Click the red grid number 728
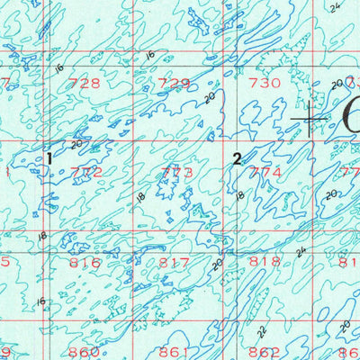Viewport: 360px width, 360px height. [85, 83]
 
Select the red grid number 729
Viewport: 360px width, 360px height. [174, 83]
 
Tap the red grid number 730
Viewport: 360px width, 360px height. [265, 83]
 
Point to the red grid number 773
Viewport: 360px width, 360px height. [175, 171]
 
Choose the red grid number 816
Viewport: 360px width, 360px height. [85, 263]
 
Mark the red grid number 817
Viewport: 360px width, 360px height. [174, 263]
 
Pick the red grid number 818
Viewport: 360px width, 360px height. [265, 262]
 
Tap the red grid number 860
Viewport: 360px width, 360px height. [85, 351]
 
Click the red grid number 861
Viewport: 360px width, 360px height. [174, 351]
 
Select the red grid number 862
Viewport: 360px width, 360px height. [265, 351]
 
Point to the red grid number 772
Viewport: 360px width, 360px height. [85, 171]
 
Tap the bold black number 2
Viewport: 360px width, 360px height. [237, 159]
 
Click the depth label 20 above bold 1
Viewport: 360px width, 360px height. [76, 143]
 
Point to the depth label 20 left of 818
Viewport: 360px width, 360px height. [216, 265]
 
